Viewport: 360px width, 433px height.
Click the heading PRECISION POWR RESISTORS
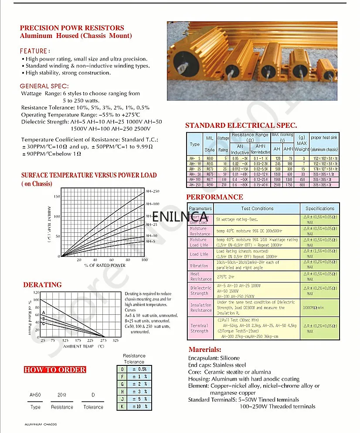pyautogui.click(x=72, y=28)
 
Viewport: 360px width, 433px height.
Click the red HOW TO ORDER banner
pyautogui.click(x=55, y=370)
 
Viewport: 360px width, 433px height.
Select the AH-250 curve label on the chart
pyautogui.click(x=152, y=191)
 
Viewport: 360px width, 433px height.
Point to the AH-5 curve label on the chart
pyautogui.click(x=150, y=241)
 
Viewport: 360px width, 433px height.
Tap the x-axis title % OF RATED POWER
pyautogui.click(x=105, y=265)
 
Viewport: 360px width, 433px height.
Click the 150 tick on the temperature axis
pyautogui.click(x=57, y=196)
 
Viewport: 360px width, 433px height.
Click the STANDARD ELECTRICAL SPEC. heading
pyautogui.click(x=241, y=126)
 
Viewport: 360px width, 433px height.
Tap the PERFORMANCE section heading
pyautogui.click(x=214, y=197)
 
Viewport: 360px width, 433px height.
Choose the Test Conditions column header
pyautogui.click(x=257, y=208)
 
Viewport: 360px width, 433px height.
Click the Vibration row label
pyautogui.click(x=199, y=266)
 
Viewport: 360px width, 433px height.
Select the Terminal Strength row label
pyautogui.click(x=199, y=328)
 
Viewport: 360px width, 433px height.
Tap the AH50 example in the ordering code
pyautogui.click(x=35, y=395)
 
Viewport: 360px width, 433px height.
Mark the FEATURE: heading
pyautogui.click(x=35, y=51)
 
